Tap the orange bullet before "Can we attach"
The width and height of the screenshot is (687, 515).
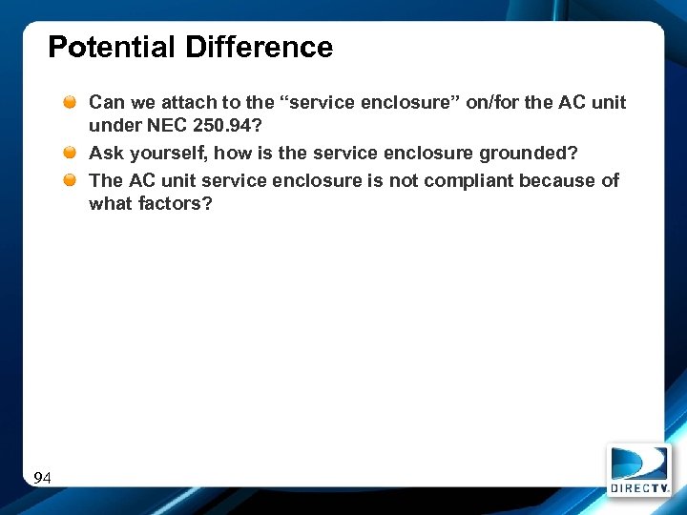click(x=72, y=102)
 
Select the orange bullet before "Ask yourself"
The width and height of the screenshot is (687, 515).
click(x=72, y=153)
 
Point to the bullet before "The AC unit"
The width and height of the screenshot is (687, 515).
click(x=72, y=180)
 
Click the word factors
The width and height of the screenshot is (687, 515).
click(x=177, y=203)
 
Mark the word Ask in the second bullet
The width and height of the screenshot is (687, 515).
click(x=105, y=153)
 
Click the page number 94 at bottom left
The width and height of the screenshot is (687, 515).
click(x=42, y=478)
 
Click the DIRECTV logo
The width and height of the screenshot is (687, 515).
click(x=639, y=469)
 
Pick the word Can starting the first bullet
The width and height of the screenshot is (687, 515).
click(x=106, y=102)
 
